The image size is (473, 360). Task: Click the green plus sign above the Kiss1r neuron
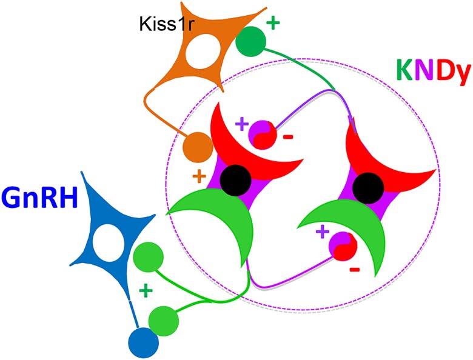tap(273, 24)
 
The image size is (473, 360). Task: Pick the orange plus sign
tap(198, 177)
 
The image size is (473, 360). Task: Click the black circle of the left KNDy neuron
tap(234, 180)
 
